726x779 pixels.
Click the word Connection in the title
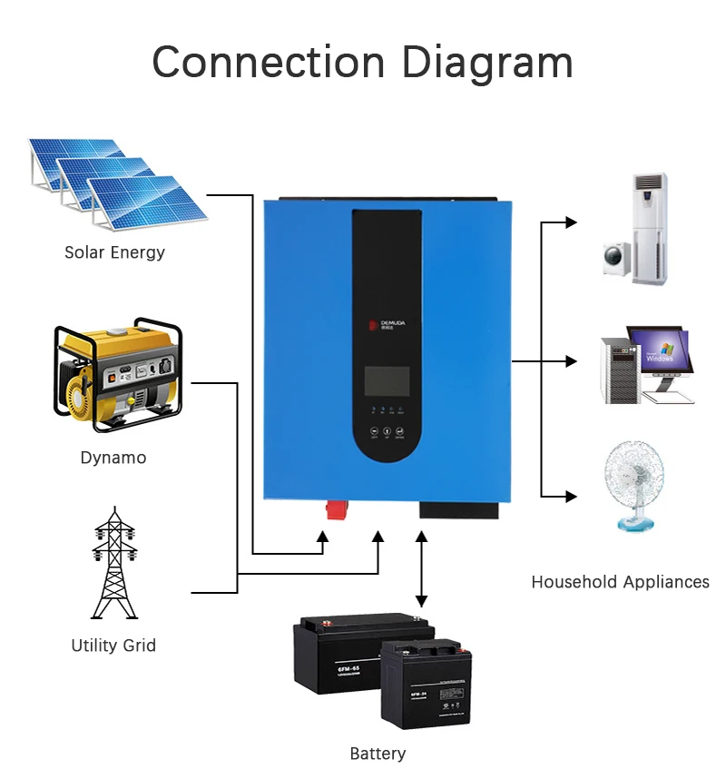[x=270, y=64]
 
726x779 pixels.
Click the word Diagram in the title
[x=486, y=64]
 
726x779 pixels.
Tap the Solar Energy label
[x=114, y=252]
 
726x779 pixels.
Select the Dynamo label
[x=113, y=458]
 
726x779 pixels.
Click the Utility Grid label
[x=113, y=646]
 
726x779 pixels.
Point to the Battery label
[x=378, y=754]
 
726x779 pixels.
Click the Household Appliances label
[x=620, y=582]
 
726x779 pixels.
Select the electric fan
[x=634, y=486]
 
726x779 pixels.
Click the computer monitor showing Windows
[x=661, y=352]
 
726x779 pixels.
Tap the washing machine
[x=615, y=257]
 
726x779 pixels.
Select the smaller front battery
[x=427, y=686]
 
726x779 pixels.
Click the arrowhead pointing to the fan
[x=571, y=497]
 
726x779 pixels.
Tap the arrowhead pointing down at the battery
[x=421, y=600]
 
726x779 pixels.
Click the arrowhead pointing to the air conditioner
[x=571, y=222]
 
